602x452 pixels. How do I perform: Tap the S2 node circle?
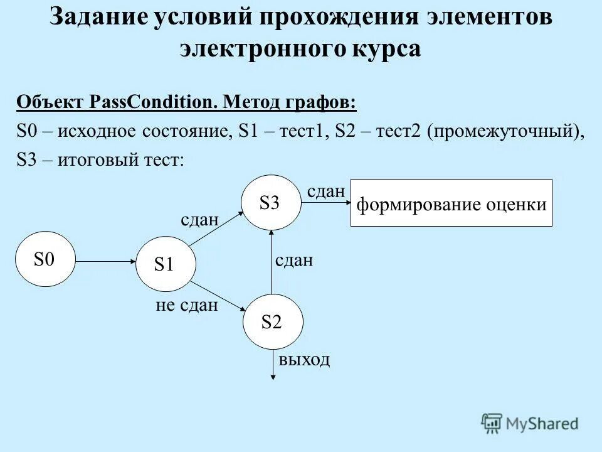point(273,322)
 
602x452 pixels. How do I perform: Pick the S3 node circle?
point(270,203)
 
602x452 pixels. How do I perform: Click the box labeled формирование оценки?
point(451,203)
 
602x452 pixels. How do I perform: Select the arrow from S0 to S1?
point(105,260)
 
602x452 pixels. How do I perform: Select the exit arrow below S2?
point(273,365)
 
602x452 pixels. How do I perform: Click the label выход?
point(304,360)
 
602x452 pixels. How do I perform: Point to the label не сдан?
point(186,305)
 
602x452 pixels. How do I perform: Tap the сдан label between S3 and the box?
point(325,191)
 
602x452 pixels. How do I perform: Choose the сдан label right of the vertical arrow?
point(293,261)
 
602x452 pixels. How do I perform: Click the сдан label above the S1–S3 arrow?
point(199,220)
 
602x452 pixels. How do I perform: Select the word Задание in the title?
point(97,17)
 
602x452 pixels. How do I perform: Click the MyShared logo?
point(530,422)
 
